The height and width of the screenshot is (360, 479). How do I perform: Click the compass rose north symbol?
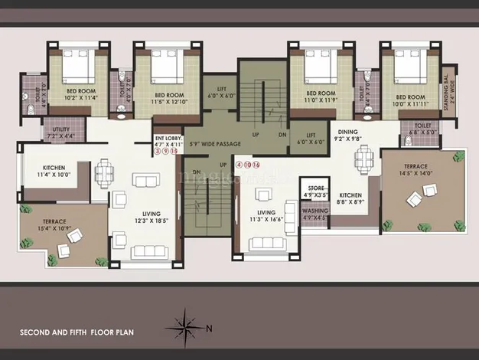[188, 324]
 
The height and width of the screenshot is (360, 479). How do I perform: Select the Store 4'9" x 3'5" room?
[316, 191]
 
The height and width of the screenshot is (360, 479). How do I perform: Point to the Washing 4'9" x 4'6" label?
[315, 214]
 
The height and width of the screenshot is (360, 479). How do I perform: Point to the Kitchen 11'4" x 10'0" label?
[53, 171]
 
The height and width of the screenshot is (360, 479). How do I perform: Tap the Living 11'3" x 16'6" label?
[266, 216]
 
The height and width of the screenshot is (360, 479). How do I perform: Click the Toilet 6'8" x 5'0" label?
[422, 128]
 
